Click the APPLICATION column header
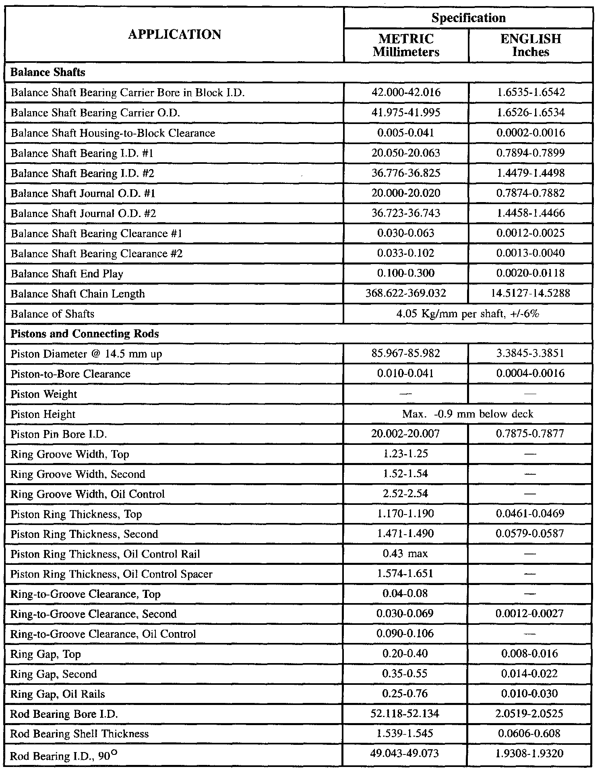pos(174,35)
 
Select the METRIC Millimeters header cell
pos(406,45)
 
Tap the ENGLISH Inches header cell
pos(530,45)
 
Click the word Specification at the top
pos(468,18)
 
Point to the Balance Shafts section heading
pos(48,72)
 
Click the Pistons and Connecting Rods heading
pos(85,334)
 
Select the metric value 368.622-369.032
pos(406,293)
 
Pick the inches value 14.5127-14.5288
pos(530,293)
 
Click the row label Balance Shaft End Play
pos(67,274)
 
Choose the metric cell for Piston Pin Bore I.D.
pos(406,434)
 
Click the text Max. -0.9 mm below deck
pos(468,414)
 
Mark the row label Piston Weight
pos(43,394)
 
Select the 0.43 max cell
pos(406,554)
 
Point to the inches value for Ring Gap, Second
pos(530,674)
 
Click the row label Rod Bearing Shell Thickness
pos(79,734)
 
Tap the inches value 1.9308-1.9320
pos(530,754)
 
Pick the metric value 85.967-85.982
pos(406,353)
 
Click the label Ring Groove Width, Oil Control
pos(87,494)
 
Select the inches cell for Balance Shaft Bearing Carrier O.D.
pos(530,112)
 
